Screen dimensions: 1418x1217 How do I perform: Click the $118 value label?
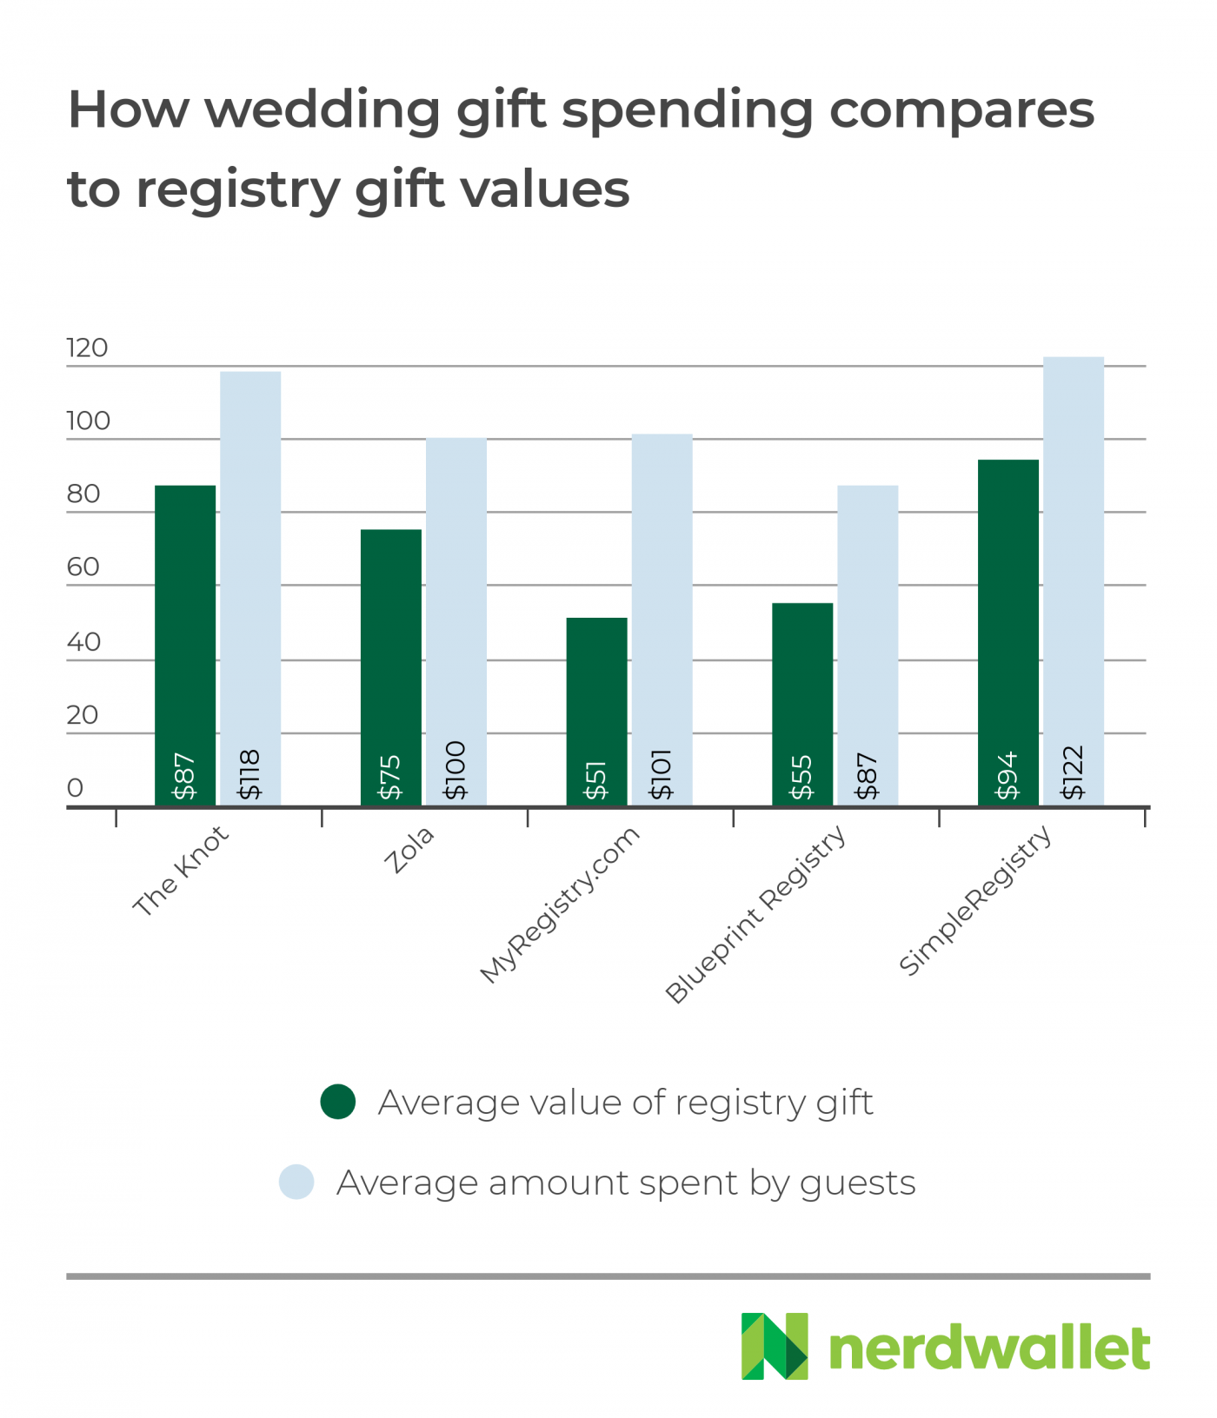click(250, 774)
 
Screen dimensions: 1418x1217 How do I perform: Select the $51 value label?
click(596, 780)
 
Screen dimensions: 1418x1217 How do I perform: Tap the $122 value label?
click(1074, 772)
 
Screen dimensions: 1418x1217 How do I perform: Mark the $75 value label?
click(390, 777)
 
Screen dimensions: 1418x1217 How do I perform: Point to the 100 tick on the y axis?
click(88, 421)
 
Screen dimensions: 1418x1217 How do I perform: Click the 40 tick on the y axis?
click(83, 642)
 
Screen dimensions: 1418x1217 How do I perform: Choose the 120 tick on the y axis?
click(87, 348)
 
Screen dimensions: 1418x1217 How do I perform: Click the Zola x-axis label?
click(409, 850)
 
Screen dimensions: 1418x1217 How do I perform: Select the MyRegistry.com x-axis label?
click(560, 904)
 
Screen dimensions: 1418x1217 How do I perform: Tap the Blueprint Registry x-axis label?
click(755, 914)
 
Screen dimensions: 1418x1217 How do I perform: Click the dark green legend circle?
click(338, 1102)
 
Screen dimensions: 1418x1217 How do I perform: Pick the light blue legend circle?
click(296, 1183)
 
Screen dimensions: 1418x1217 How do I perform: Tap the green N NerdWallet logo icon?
click(774, 1346)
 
